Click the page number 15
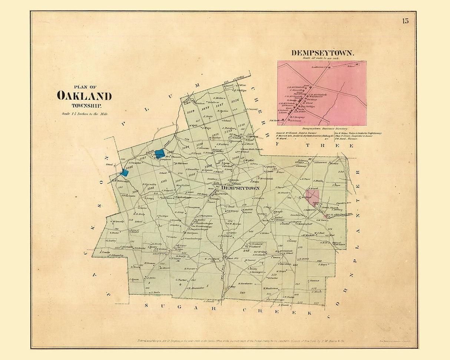(x=405, y=21)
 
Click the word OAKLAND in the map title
(x=84, y=96)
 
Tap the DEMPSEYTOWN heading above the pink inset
(x=322, y=53)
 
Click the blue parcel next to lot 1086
(x=124, y=172)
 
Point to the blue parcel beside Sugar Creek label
(x=160, y=153)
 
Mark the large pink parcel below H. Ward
(x=312, y=196)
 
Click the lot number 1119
(x=191, y=111)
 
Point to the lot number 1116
(x=235, y=101)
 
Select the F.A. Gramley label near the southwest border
(x=116, y=255)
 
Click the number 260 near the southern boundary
(x=242, y=293)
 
